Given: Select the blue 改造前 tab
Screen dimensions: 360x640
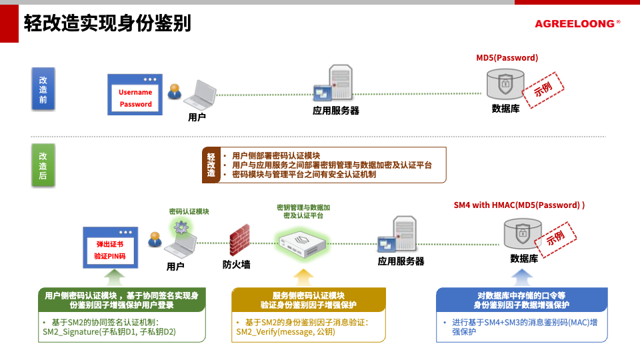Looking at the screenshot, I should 43,89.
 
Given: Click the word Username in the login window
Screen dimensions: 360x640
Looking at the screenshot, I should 135,92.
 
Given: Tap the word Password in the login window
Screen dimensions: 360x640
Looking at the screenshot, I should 135,104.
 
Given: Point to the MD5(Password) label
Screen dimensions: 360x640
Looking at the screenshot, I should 507,58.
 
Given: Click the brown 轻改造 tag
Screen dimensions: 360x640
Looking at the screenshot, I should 211,165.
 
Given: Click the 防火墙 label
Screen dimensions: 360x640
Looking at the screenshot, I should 237,264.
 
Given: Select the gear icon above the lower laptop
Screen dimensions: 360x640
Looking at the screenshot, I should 181,227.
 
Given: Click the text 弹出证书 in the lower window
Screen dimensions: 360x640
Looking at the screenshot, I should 109,244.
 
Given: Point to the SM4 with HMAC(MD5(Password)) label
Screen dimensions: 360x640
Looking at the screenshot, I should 519,205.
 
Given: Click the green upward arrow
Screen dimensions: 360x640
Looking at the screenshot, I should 115,277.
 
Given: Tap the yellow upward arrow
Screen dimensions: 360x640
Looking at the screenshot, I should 303,277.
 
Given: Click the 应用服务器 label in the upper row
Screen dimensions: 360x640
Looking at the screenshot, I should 336,110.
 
